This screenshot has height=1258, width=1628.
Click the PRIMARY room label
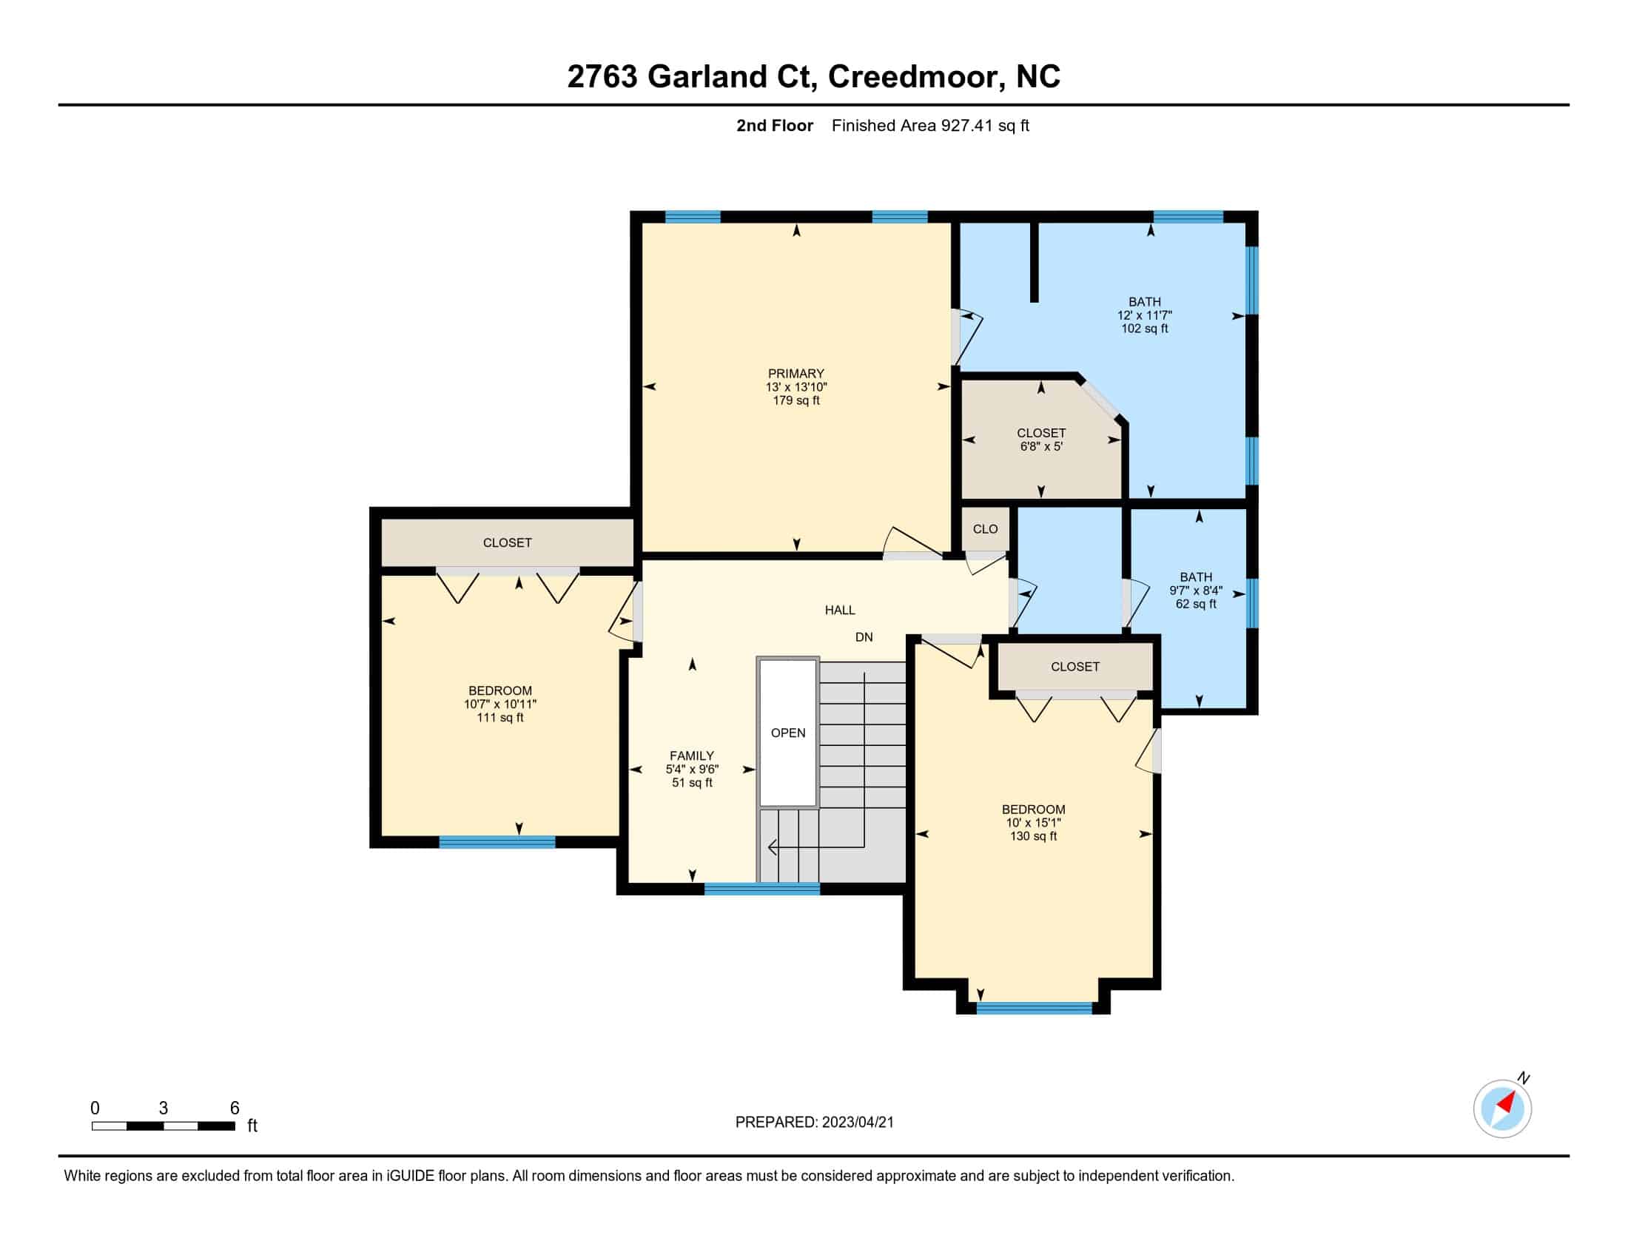coord(796,374)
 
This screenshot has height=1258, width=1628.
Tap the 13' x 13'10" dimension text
coord(796,387)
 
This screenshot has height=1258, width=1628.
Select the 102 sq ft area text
coord(1144,329)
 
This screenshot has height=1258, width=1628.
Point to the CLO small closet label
coord(985,529)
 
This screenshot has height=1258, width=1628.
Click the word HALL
coord(839,610)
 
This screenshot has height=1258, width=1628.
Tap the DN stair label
coord(864,637)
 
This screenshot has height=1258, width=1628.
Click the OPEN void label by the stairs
coord(788,733)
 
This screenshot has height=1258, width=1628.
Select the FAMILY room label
coord(692,756)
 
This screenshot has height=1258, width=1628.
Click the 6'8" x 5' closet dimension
coord(1041,446)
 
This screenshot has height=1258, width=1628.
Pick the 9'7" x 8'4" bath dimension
coord(1196,591)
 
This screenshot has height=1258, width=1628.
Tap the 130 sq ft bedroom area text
coord(1033,836)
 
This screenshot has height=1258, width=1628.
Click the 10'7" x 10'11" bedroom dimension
coord(500,704)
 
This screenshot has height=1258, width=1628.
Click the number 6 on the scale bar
coord(234,1109)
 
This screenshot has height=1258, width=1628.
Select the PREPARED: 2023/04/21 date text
coord(814,1123)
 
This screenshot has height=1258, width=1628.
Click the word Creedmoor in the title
coord(913,77)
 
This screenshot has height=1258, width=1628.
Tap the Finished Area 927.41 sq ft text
coord(930,126)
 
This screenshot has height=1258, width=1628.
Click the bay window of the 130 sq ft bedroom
coord(1034,1009)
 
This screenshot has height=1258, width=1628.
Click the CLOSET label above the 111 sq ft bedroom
coord(507,543)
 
